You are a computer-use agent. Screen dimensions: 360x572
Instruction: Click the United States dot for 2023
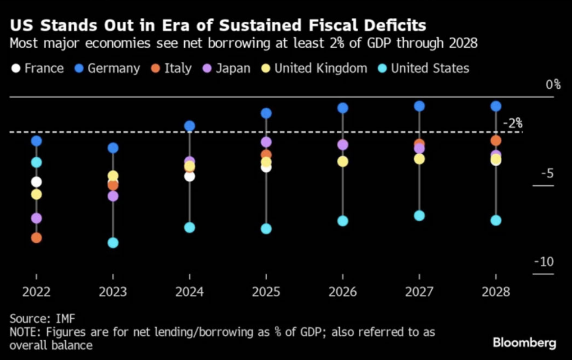click(113, 243)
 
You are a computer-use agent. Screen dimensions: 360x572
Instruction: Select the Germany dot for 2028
click(496, 106)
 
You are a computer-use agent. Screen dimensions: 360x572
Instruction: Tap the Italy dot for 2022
click(37, 238)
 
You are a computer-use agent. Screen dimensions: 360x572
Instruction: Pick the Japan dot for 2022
click(37, 218)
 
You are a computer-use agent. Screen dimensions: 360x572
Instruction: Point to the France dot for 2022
click(37, 182)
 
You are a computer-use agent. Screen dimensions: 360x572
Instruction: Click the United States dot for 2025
click(266, 229)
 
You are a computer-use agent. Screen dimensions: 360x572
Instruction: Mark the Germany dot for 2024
click(190, 126)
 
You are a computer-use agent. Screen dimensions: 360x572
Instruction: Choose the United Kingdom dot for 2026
click(343, 161)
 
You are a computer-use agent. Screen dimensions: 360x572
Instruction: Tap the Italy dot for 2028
click(496, 140)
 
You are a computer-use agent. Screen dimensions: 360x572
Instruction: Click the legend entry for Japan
click(227, 68)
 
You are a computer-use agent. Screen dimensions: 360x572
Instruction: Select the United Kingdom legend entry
click(315, 68)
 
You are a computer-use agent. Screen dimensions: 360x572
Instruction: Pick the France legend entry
click(38, 68)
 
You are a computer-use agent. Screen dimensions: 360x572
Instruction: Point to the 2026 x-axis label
click(343, 292)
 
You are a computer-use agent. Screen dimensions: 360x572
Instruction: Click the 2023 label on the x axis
click(113, 292)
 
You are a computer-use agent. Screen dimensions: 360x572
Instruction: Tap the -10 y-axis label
click(544, 263)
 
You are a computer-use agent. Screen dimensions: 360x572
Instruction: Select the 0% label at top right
click(553, 85)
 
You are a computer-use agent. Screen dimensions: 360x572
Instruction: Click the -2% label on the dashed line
click(512, 124)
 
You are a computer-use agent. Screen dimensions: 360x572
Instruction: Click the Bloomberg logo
click(524, 343)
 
